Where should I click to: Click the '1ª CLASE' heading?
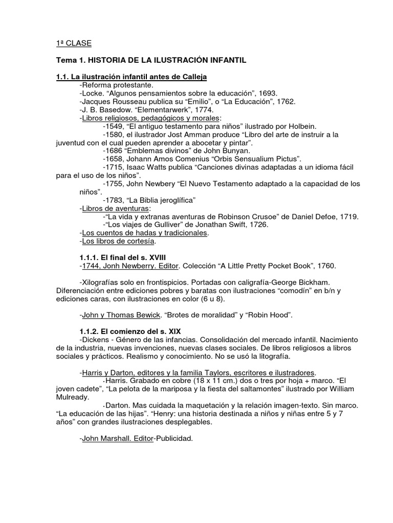tap(74, 43)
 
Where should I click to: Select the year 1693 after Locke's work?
tap(267, 93)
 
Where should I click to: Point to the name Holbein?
tap(302, 126)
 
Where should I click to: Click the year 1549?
tap(115, 126)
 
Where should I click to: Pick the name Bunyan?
tap(235, 150)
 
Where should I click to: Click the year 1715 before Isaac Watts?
tap(115, 167)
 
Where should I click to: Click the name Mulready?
tap(74, 397)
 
